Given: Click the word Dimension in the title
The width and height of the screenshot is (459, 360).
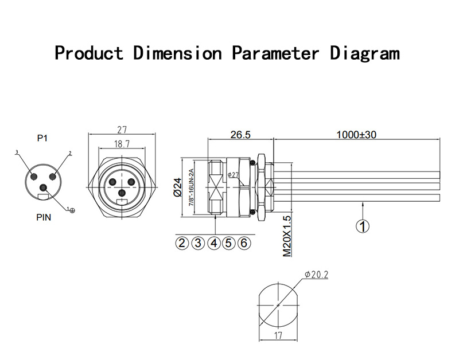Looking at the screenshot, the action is (177, 53).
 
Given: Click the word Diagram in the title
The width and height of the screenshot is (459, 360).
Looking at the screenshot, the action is (365, 54).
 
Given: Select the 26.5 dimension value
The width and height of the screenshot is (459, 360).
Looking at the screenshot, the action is (240, 135).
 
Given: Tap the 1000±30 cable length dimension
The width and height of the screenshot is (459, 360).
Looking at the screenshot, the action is (356, 135).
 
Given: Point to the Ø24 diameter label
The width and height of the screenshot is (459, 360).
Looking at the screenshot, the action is (177, 187).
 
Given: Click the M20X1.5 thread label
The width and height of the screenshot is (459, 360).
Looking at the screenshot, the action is (287, 236).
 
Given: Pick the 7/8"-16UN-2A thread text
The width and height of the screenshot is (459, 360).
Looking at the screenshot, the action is (191, 187).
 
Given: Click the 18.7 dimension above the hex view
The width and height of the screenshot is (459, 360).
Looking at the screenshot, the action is (122, 144).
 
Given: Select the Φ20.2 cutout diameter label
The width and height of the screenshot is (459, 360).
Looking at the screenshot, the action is (316, 275).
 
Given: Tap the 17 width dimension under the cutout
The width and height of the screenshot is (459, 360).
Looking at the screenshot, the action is (278, 335).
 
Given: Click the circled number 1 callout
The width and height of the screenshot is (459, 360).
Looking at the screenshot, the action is (363, 226).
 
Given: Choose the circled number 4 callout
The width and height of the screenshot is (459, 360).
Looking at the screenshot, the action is (213, 243).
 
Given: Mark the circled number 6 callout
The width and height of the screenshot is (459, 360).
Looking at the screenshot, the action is (244, 243).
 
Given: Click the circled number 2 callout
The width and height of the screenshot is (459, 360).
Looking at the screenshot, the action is (182, 243).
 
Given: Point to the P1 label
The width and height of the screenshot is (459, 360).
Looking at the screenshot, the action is (42, 138).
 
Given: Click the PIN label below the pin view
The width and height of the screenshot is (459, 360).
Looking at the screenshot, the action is (44, 217).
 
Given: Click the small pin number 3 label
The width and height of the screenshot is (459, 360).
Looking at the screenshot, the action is (17, 152).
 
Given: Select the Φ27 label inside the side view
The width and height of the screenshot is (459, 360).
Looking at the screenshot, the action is (234, 175).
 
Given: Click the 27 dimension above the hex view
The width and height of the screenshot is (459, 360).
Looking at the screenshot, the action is (122, 129).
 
